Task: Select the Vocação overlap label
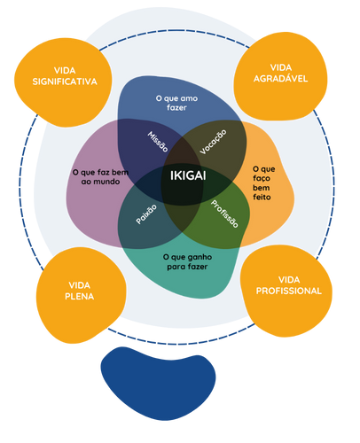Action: pos(214,142)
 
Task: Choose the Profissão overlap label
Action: pos(224,214)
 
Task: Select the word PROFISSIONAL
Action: pos(288,291)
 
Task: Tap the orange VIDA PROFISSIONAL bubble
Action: pos(286,284)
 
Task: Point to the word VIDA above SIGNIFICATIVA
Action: pos(64,70)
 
